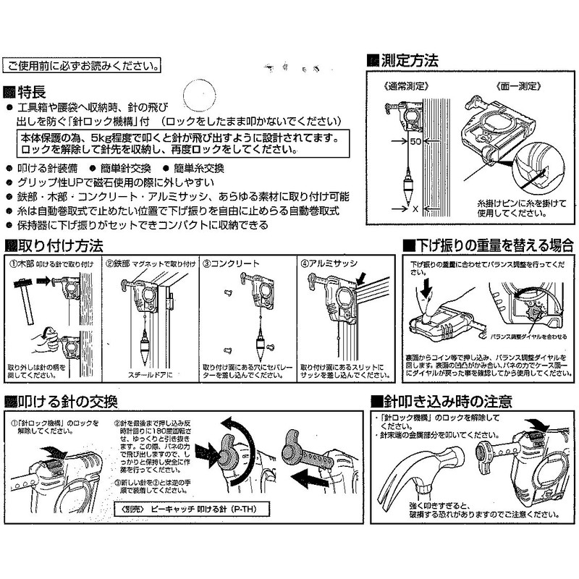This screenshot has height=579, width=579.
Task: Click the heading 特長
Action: pos(33,92)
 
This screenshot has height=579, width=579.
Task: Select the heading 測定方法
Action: pos(409,61)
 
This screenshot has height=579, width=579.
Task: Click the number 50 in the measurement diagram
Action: pos(415,142)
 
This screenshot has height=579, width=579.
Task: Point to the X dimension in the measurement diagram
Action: pos(415,208)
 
